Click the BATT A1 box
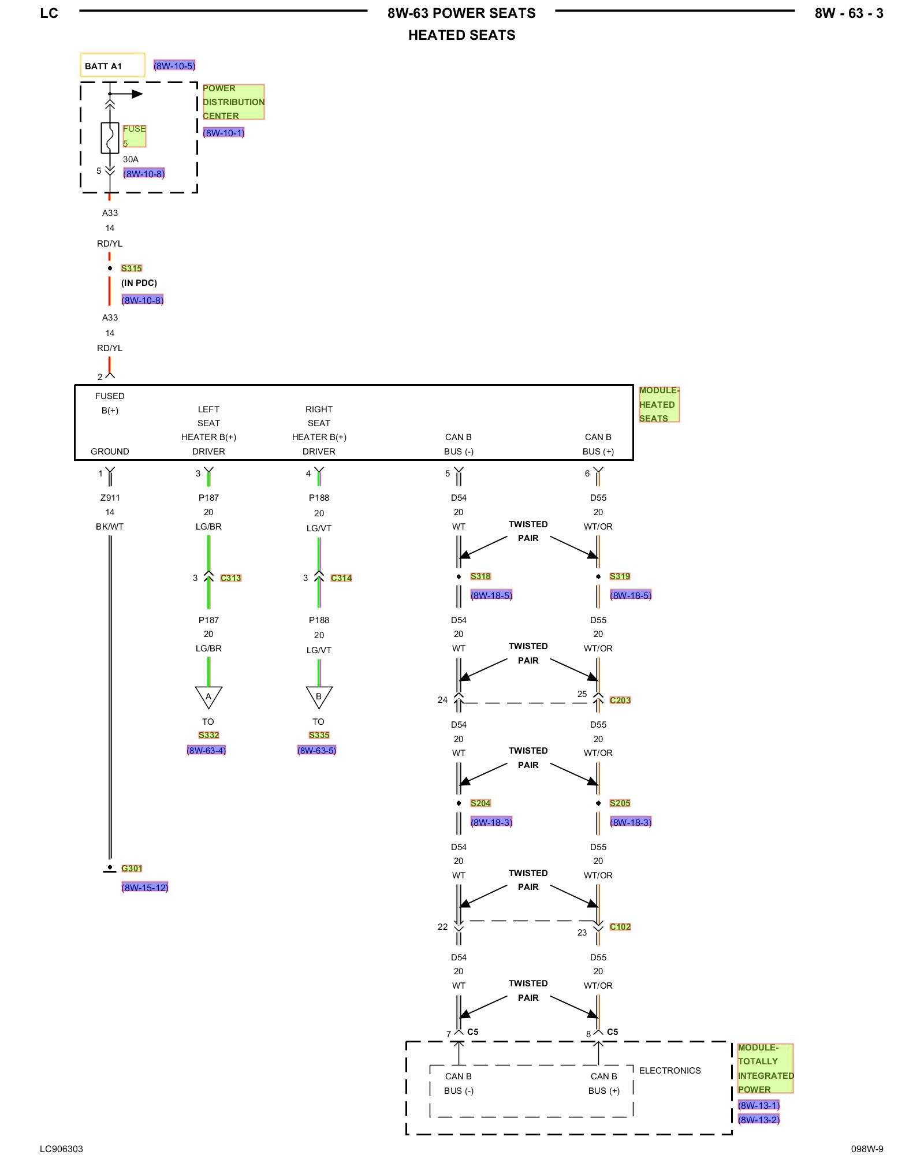(x=112, y=65)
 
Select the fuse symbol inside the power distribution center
(x=110, y=138)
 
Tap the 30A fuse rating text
(x=131, y=159)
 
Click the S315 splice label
(x=132, y=269)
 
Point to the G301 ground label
(x=132, y=869)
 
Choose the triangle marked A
(x=208, y=696)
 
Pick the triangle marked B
(x=319, y=696)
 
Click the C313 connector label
(x=231, y=578)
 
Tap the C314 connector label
(x=341, y=578)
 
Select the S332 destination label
(x=208, y=735)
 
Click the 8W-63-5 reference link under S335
(x=316, y=751)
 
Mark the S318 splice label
(x=480, y=576)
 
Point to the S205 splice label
(x=620, y=803)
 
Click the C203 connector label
(x=620, y=701)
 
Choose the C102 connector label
(x=620, y=927)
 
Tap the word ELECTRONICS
(x=670, y=1071)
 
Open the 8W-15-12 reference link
(x=145, y=888)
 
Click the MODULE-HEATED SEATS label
(x=658, y=404)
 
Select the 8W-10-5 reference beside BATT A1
(x=174, y=66)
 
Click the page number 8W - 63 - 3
(x=849, y=14)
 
